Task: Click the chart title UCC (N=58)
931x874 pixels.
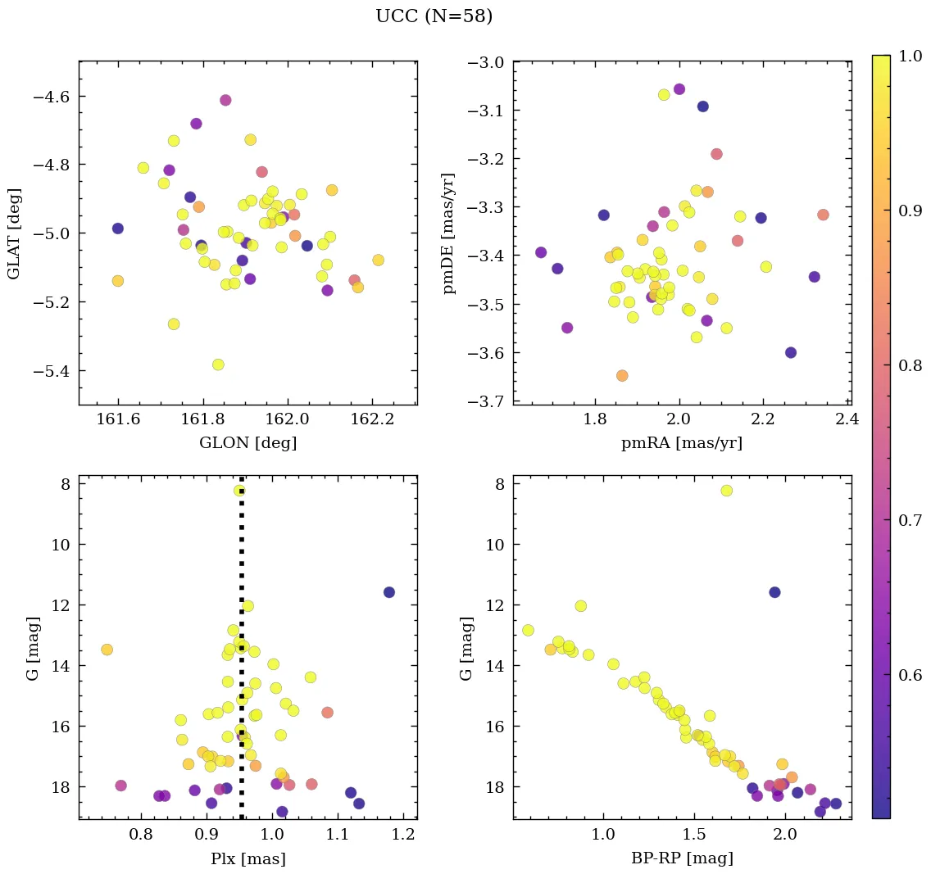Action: pos(434,16)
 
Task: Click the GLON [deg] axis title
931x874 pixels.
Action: pos(248,443)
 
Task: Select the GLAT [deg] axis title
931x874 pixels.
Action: pos(15,233)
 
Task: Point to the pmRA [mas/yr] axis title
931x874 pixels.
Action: pos(682,443)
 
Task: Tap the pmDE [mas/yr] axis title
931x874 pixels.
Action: pos(448,233)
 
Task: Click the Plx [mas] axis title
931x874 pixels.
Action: pos(248,858)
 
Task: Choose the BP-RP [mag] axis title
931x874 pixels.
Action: pos(682,858)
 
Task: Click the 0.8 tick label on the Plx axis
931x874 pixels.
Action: pos(143,836)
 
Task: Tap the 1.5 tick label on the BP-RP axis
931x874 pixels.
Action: pos(695,836)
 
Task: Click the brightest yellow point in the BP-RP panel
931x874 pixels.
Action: pos(726,491)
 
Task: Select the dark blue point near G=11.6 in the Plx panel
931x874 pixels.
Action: pos(388,592)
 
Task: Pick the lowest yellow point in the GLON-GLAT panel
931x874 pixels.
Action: pos(218,365)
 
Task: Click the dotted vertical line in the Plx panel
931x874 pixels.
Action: pos(242,655)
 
